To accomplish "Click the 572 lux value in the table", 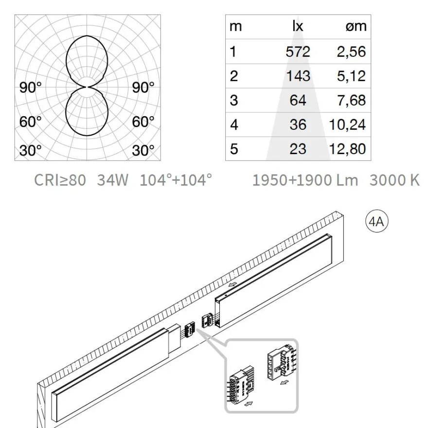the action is (298, 52).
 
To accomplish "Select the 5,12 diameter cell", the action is (351, 76).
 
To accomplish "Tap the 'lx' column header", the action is (298, 26).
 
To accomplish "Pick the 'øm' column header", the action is (356, 27).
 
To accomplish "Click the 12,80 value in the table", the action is (347, 149).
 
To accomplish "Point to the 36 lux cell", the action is (298, 125).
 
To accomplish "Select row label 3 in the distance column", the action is (233, 101).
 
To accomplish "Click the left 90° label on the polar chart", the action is (31, 88).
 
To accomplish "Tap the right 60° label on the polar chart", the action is (143, 122).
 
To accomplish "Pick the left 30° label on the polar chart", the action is (31, 150).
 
